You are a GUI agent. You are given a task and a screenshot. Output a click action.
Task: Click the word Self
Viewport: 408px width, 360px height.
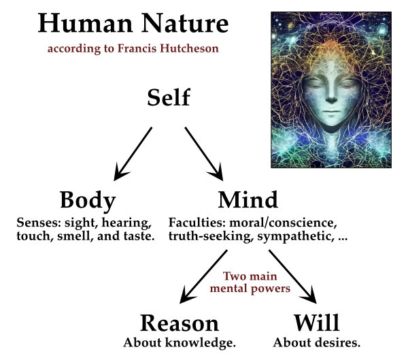169,98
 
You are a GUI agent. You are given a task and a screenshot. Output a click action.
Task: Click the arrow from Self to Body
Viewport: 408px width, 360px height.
132,155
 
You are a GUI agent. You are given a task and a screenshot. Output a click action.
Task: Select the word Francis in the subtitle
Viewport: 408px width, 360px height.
140,50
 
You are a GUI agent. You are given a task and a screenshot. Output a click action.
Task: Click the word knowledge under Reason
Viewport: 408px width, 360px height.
203,342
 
